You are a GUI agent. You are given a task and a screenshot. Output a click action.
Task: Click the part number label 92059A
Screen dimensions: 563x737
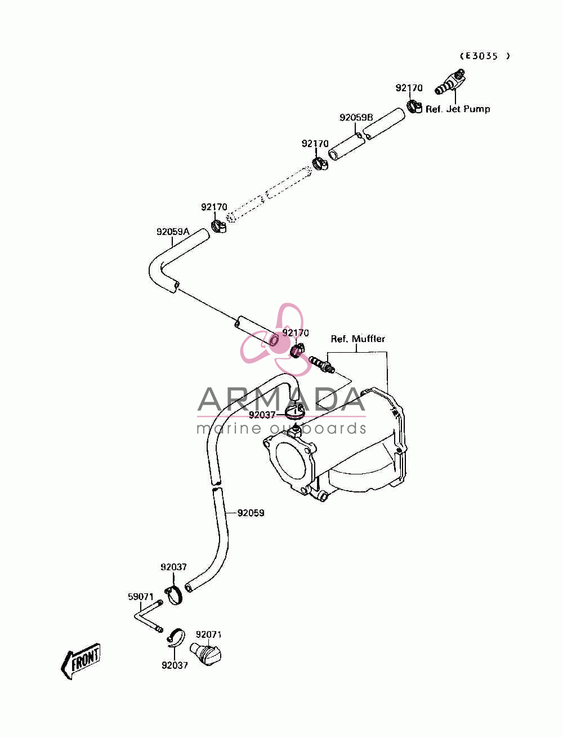[173, 232]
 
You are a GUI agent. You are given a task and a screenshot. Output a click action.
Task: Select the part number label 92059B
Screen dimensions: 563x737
[356, 118]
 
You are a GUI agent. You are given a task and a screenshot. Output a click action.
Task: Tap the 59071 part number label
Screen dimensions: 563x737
[141, 597]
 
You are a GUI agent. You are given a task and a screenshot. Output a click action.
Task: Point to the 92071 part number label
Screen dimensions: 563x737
[208, 634]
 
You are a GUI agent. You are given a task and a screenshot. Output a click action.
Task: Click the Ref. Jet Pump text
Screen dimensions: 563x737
[458, 109]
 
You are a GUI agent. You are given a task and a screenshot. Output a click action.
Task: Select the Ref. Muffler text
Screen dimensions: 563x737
[358, 339]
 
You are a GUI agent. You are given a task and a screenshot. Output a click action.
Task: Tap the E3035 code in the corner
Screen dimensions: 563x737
[485, 56]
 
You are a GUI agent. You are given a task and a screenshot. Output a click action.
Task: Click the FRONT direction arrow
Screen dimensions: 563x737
[81, 660]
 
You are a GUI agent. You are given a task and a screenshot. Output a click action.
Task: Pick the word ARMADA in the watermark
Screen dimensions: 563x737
[281, 399]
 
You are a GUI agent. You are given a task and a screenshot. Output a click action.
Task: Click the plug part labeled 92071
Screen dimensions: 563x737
[205, 652]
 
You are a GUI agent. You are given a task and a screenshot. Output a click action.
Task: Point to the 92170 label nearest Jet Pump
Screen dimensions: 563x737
[409, 88]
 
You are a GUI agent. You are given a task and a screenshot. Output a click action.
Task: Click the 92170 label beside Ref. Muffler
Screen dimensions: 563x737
[295, 333]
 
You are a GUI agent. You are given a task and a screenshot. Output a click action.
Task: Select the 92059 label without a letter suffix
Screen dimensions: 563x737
[251, 513]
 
